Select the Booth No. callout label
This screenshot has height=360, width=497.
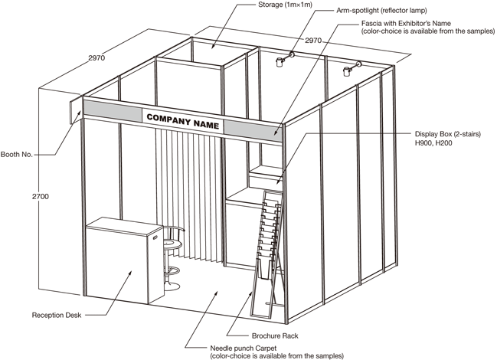(18, 154)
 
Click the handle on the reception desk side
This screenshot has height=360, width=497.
(155, 237)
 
